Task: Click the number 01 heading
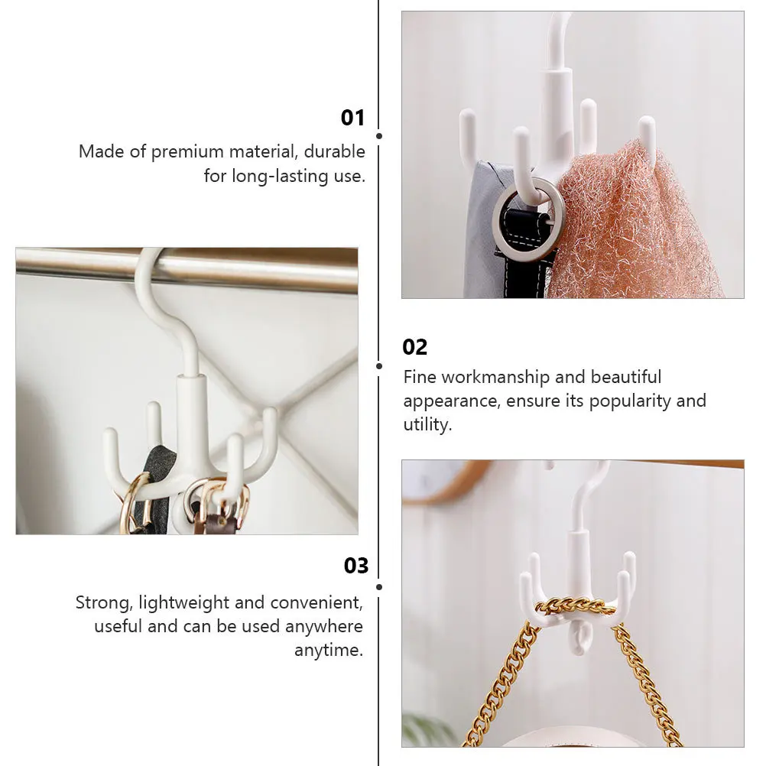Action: (352, 118)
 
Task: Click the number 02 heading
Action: (415, 347)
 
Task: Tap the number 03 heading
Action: (355, 566)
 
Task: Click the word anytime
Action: (329, 651)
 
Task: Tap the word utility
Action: (427, 425)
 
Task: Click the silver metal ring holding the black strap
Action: (528, 219)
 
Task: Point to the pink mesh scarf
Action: (635, 229)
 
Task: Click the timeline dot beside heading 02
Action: (379, 365)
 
